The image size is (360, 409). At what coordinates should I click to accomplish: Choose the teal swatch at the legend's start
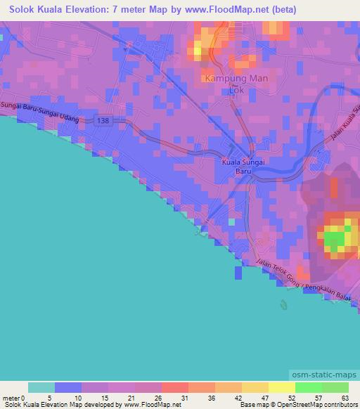(41, 387)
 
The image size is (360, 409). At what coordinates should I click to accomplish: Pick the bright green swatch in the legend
(309, 387)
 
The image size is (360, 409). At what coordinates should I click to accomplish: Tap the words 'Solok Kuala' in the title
(34, 9)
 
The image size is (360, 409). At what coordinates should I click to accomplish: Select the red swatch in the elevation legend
(175, 387)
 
